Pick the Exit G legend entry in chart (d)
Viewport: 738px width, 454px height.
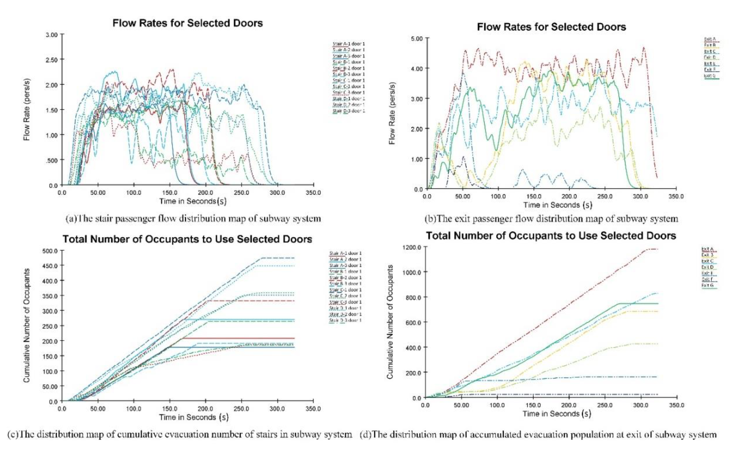click(x=707, y=285)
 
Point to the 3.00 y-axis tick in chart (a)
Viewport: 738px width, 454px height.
click(x=52, y=35)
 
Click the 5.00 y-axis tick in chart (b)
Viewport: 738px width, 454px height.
click(x=416, y=38)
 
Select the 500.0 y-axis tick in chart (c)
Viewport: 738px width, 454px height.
click(x=50, y=250)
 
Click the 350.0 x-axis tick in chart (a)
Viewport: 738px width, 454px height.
click(x=313, y=192)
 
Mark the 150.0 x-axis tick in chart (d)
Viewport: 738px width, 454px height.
click(x=533, y=405)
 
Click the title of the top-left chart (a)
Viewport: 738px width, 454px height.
click(x=188, y=23)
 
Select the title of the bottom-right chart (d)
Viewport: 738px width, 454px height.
click(x=551, y=236)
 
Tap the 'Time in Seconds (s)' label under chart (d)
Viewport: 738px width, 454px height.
click(x=557, y=413)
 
